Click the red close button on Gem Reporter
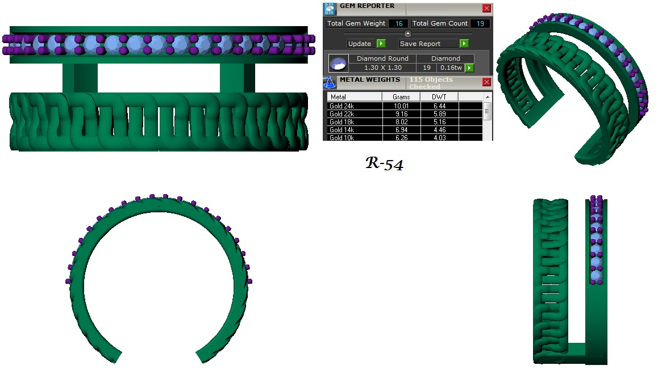coord(486,9)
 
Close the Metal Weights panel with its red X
coord(486,82)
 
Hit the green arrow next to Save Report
coord(464,44)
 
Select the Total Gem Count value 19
coord(480,23)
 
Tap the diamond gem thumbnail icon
coord(339,63)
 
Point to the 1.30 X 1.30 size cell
coord(383,68)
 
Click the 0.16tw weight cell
coord(450,68)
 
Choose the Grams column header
coord(401,97)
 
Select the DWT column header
coord(439,97)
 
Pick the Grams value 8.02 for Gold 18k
coord(401,122)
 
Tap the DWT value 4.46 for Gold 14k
coord(439,130)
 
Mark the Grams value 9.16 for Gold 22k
coord(401,114)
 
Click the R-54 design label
coord(384,165)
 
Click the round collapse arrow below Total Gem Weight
coord(407,33)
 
